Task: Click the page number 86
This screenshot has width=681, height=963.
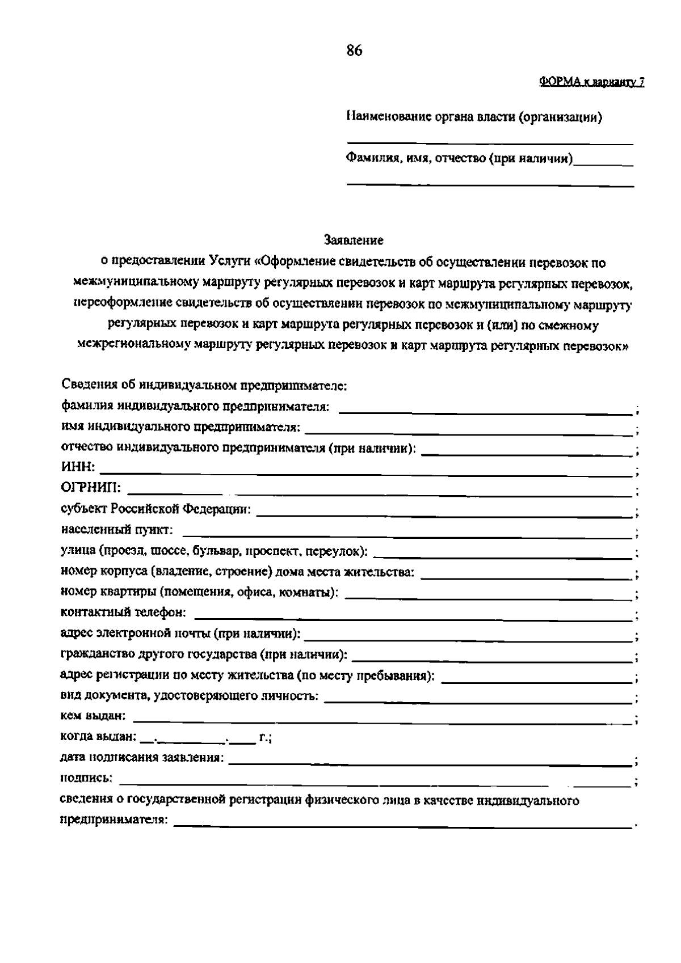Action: coord(354,51)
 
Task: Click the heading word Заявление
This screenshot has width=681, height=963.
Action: coord(354,240)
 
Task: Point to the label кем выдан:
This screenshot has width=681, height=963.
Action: coord(93,716)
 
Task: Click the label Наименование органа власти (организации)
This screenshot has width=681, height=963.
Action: coord(474,117)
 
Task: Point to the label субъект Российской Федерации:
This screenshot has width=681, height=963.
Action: coord(155,509)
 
